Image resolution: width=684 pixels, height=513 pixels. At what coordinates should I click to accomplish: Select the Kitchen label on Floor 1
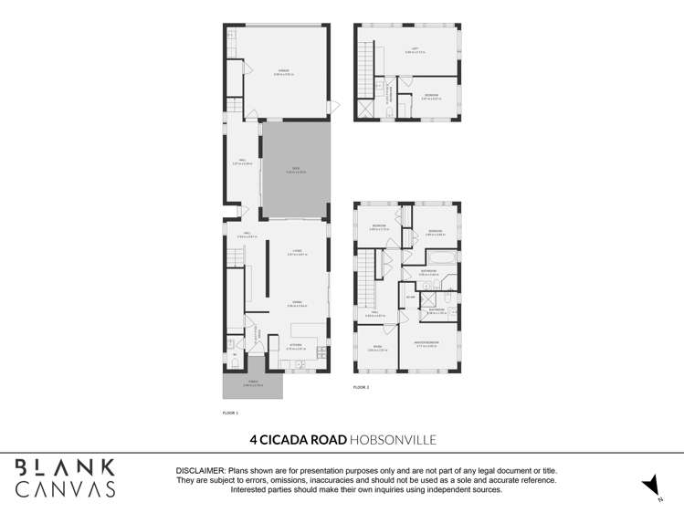[294, 346]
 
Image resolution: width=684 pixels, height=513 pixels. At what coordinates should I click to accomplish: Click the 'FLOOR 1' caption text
[230, 414]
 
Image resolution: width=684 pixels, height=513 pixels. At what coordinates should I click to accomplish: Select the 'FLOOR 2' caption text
[361, 388]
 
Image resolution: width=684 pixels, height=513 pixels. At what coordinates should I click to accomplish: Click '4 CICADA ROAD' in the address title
[298, 440]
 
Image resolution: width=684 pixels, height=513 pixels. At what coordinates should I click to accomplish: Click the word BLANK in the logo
[65, 467]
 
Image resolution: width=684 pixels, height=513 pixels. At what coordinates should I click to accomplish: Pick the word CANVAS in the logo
[65, 489]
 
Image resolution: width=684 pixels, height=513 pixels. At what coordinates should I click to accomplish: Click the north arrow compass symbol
[649, 485]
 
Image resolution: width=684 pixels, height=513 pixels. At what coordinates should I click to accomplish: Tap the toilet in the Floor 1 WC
[235, 362]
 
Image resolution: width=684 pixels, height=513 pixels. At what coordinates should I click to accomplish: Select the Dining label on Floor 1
[297, 303]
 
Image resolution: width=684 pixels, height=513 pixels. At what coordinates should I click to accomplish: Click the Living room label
[297, 250]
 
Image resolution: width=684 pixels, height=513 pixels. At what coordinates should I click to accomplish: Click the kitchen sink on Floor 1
[299, 364]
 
